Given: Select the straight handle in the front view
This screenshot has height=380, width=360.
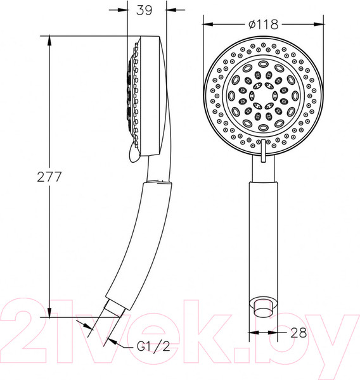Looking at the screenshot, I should tap(262, 234).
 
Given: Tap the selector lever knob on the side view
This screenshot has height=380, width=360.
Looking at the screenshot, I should tap(131, 150).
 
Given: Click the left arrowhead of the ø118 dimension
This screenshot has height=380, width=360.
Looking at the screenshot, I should tap(207, 26).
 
